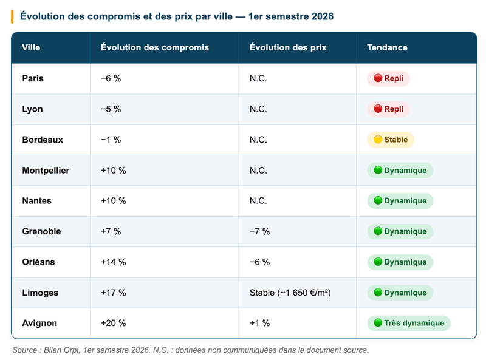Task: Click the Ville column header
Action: tap(31, 47)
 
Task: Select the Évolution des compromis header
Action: tap(155, 47)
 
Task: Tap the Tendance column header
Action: tap(387, 47)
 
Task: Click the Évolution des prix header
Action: tap(288, 47)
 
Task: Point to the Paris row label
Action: tap(33, 78)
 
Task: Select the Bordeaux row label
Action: tap(43, 140)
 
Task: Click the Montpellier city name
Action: tap(46, 171)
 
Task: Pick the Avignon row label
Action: tap(39, 323)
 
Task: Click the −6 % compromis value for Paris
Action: tap(111, 78)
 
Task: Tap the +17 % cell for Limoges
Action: tap(114, 293)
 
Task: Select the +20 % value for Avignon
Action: tap(114, 323)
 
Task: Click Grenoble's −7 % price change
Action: tap(260, 231)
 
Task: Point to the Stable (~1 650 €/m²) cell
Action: tap(290, 293)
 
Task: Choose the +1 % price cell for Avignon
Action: tap(260, 323)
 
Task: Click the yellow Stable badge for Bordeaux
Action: tap(391, 140)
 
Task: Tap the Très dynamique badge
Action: tap(409, 323)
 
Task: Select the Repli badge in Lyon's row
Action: tap(388, 109)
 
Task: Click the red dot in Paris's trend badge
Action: tap(378, 78)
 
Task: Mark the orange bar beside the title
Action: tap(12, 16)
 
